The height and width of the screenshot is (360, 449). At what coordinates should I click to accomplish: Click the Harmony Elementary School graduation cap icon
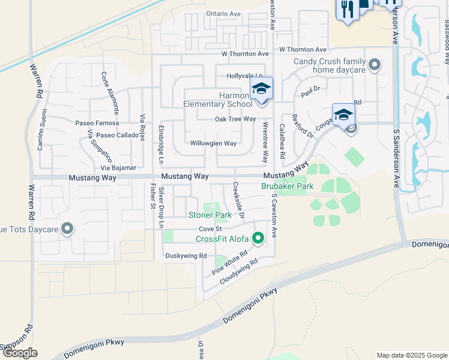coord(261,89)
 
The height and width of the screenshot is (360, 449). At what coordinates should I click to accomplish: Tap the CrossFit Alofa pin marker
coord(259,239)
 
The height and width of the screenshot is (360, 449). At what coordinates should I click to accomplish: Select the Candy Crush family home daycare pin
coord(375,65)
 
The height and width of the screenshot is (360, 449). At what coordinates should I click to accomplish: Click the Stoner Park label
coord(210,215)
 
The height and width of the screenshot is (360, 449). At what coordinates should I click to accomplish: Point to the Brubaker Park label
coord(287,187)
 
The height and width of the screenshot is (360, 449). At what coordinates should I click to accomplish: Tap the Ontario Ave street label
coord(223,14)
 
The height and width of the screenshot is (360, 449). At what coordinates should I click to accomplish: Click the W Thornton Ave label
coord(303,49)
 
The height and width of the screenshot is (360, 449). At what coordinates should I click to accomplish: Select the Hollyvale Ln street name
coord(245,76)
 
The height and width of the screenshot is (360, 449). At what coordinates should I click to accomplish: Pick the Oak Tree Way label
coord(235,119)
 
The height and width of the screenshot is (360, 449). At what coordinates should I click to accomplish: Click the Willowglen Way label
coord(213,143)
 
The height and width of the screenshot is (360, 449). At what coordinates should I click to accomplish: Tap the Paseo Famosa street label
coord(97,123)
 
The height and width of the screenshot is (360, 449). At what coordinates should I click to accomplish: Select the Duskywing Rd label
coord(185,256)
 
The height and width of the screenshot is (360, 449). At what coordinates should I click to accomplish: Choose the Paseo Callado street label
coord(117,135)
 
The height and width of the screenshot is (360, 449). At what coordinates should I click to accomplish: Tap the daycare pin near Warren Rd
coord(67,228)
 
